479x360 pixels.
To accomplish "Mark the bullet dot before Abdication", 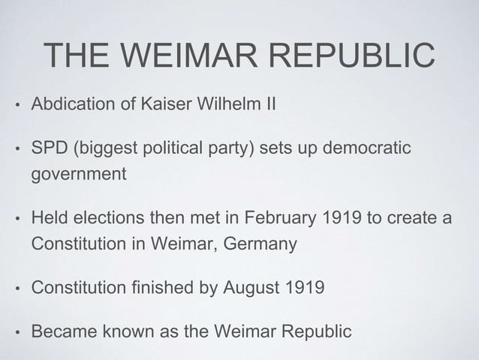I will (x=15, y=102).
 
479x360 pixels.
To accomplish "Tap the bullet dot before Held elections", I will (x=15, y=219).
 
